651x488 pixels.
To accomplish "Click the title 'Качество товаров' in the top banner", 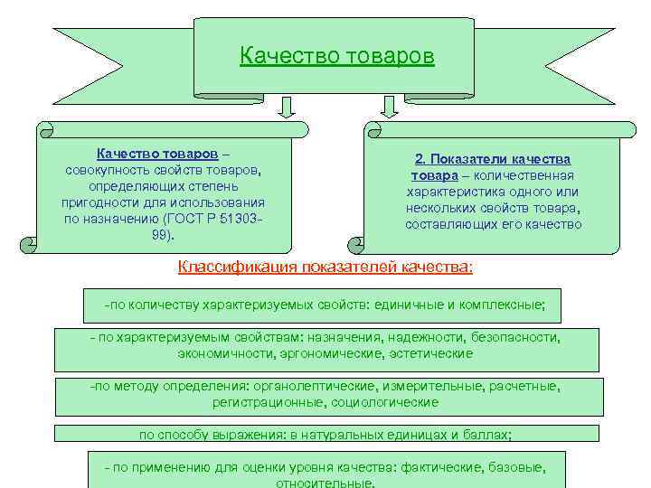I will click(337, 57).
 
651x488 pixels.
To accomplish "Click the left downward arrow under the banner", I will click(287, 108).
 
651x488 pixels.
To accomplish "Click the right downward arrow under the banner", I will click(390, 108).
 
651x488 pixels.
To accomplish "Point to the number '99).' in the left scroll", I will click(164, 235).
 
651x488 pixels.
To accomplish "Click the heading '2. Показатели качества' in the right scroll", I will click(492, 158).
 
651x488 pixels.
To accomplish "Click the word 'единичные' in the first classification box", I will click(412, 305).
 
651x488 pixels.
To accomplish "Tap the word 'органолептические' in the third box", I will click(308, 387).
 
